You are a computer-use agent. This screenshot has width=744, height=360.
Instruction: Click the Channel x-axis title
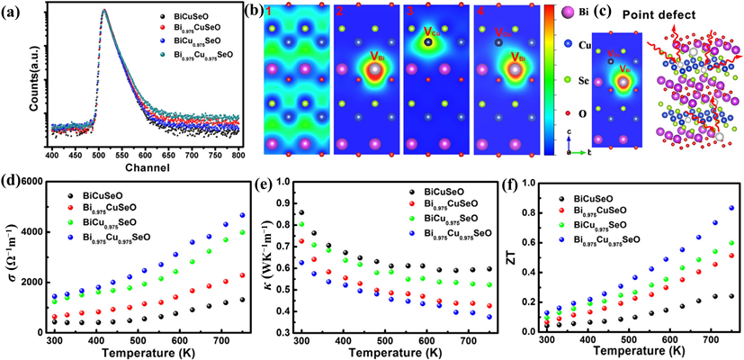point(145,168)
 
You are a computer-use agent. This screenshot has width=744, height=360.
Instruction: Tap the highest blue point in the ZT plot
point(731,208)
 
